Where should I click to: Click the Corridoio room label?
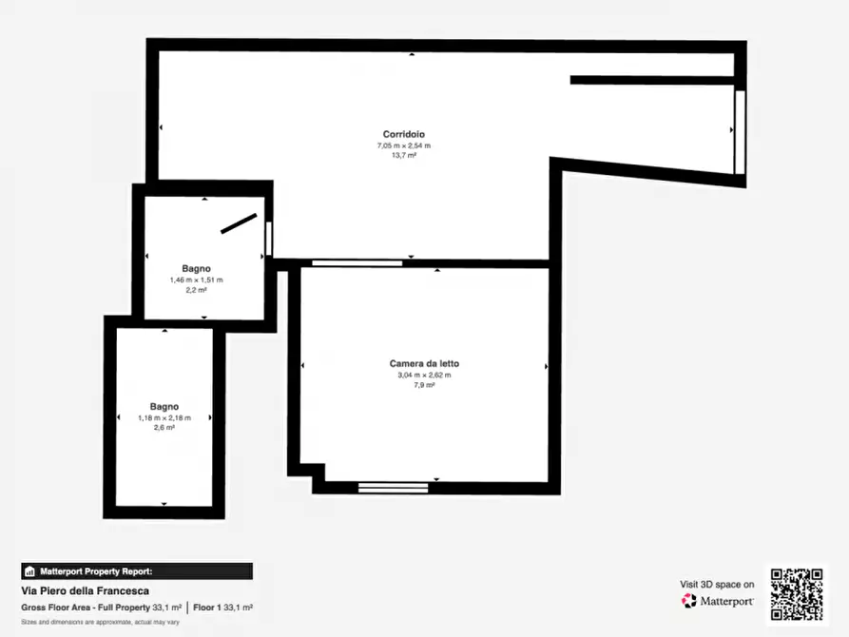403,134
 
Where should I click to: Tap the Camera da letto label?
424,364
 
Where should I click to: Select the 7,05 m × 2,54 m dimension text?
404,145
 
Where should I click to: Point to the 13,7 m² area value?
404,156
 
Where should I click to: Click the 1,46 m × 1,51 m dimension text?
196,280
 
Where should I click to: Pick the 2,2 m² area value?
196,290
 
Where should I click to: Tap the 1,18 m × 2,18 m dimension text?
164,418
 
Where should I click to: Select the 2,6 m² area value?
164,428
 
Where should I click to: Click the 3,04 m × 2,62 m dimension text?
424,375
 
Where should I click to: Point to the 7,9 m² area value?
424,385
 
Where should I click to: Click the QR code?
797,593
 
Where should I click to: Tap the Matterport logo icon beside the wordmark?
688,601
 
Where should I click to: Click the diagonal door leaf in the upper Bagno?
239,223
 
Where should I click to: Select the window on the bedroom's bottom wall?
393,488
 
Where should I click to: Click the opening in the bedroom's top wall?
357,263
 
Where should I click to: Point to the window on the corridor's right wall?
740,132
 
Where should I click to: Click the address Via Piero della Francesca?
85,591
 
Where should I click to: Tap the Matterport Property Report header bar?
137,571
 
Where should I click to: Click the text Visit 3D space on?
717,585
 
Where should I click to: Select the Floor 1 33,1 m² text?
223,608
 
